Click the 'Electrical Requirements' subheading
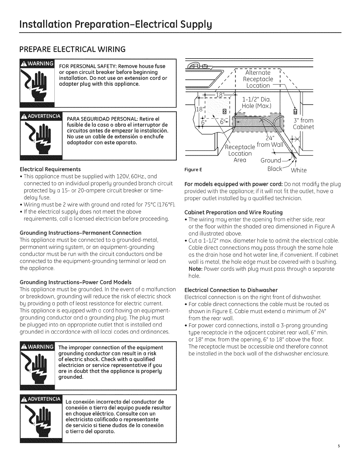[x=50, y=169]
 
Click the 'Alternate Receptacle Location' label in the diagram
[x=258, y=79]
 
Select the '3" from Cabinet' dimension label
[x=304, y=124]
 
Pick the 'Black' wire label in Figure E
[x=275, y=169]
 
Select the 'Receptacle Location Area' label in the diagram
[x=240, y=153]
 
